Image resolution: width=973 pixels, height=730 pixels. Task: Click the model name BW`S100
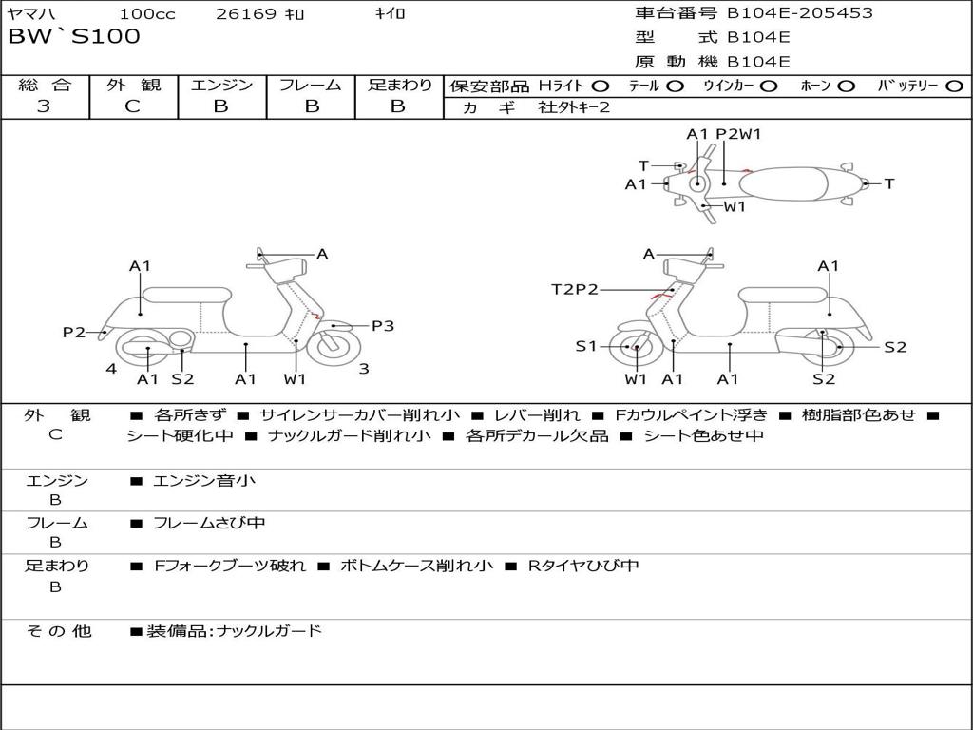(x=73, y=37)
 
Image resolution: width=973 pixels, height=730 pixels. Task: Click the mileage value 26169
(x=246, y=14)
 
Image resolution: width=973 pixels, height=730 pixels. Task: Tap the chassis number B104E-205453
(x=799, y=13)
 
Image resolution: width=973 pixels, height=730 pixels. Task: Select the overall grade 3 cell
(x=44, y=106)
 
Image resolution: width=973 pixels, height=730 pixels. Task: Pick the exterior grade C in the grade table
(x=132, y=106)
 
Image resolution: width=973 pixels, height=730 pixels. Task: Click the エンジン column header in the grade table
(x=221, y=86)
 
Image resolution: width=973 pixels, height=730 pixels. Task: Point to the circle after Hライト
(x=600, y=86)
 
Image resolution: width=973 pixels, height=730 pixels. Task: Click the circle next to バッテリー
(x=954, y=86)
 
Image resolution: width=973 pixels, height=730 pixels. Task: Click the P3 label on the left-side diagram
(x=382, y=326)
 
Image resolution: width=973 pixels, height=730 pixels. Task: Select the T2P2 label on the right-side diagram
(x=575, y=289)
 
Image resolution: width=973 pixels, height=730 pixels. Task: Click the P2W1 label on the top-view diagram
(x=738, y=134)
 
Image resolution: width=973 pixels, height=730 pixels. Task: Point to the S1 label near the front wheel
(x=586, y=347)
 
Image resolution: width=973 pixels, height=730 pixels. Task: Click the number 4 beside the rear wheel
(x=111, y=369)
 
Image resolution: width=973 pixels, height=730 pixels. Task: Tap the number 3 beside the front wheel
(x=364, y=369)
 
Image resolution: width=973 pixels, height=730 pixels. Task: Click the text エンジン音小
(x=204, y=481)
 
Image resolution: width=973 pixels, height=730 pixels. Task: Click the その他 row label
(x=58, y=631)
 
